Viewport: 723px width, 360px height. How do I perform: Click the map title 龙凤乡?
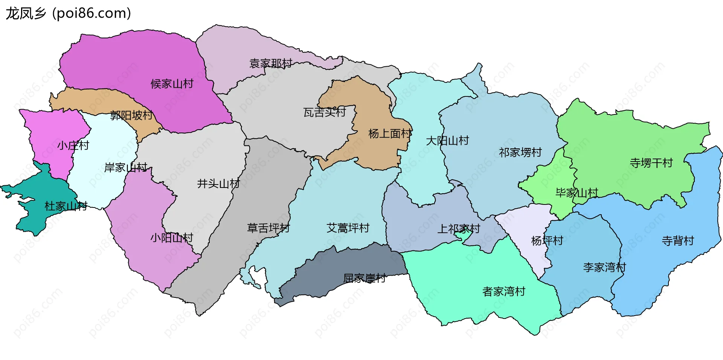[x=26, y=14]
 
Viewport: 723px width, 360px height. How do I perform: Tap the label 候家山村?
[x=172, y=84]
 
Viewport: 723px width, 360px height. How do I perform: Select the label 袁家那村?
[x=271, y=64]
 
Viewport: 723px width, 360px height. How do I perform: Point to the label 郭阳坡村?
[x=131, y=115]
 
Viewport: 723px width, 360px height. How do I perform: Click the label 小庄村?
[x=73, y=145]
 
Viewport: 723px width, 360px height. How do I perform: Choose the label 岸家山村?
[x=126, y=168]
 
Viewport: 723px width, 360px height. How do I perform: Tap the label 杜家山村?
[x=66, y=206]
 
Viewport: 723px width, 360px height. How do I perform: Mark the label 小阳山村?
[x=172, y=238]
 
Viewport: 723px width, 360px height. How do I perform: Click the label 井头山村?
[x=218, y=184]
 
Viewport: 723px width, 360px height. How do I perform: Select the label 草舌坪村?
[x=268, y=228]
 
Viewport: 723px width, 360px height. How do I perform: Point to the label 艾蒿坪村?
[x=348, y=228]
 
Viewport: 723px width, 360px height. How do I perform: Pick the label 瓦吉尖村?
[x=325, y=112]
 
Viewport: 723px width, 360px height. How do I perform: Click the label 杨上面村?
[x=390, y=134]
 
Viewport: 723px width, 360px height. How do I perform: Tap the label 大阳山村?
[x=447, y=141]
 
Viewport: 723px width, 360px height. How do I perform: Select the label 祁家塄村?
[x=520, y=153]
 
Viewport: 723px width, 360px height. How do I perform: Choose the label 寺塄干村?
[x=651, y=163]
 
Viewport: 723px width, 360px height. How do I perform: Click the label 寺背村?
[x=678, y=241]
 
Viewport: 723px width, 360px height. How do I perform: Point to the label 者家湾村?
[x=504, y=291]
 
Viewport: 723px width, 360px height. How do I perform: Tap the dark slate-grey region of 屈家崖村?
[x=339, y=264]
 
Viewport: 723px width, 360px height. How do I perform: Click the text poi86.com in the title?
[x=92, y=14]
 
